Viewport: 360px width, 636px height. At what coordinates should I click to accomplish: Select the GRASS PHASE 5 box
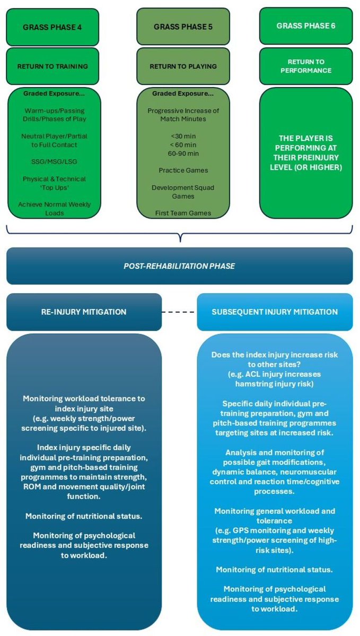click(181, 26)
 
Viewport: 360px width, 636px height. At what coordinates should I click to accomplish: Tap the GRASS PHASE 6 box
click(306, 26)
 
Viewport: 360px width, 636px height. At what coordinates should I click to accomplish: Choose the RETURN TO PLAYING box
click(181, 67)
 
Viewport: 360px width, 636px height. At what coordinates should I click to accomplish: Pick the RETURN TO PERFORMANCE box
click(306, 66)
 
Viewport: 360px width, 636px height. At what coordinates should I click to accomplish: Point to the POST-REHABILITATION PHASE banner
click(180, 266)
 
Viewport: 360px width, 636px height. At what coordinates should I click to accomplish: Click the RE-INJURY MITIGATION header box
click(84, 312)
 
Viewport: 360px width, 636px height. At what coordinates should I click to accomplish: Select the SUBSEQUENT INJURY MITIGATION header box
click(275, 312)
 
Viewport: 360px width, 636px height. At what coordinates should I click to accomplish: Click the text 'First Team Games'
click(181, 213)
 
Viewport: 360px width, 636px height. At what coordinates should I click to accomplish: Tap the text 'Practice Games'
click(181, 171)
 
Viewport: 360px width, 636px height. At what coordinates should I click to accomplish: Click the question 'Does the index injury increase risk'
click(275, 354)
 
